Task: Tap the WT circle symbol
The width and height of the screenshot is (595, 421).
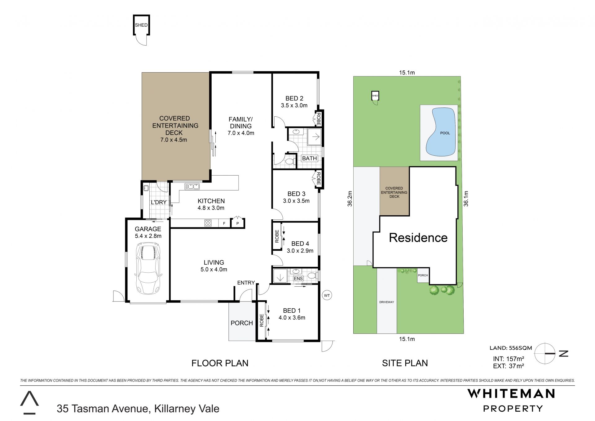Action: (327, 295)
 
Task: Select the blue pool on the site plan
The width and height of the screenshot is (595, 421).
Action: (441, 132)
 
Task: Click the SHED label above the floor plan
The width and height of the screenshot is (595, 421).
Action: (141, 25)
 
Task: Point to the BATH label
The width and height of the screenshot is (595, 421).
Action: (309, 158)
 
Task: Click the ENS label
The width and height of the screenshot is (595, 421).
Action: (298, 279)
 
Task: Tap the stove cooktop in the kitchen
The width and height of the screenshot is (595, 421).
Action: (208, 223)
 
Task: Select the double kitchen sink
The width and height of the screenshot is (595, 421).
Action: (192, 186)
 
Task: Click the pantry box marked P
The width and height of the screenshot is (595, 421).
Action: (238, 223)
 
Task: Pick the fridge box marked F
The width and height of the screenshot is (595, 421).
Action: (224, 223)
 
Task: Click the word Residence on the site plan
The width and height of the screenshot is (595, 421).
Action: (418, 238)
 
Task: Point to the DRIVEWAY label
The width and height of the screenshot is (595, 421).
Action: (386, 302)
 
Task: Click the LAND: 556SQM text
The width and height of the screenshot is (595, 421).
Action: (511, 348)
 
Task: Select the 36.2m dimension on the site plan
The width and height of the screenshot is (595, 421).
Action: (350, 199)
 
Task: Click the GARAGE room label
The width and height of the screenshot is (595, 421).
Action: (148, 229)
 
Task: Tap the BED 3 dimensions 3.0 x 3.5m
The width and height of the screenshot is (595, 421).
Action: (296, 201)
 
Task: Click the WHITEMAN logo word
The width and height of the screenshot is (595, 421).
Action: (511, 393)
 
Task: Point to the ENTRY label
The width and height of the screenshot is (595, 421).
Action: (246, 283)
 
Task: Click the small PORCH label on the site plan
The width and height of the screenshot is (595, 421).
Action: (423, 275)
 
